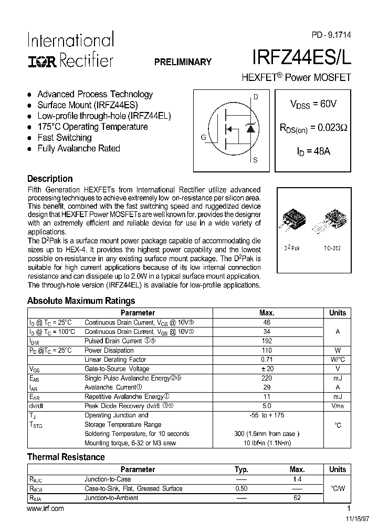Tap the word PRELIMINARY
click(x=183, y=62)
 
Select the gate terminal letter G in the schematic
click(x=203, y=138)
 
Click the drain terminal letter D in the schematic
click(x=256, y=97)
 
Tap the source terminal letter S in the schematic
click(x=256, y=160)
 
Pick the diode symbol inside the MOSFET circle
click(x=250, y=128)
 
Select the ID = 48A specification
click(x=313, y=151)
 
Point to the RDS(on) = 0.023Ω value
click(x=313, y=127)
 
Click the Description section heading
click(x=50, y=179)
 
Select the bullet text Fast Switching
click(x=65, y=138)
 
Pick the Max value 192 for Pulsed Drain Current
click(x=267, y=341)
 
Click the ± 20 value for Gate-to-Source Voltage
click(x=267, y=369)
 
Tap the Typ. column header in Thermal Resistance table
click(x=241, y=469)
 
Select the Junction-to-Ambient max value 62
click(x=297, y=498)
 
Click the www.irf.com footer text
click(x=45, y=508)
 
